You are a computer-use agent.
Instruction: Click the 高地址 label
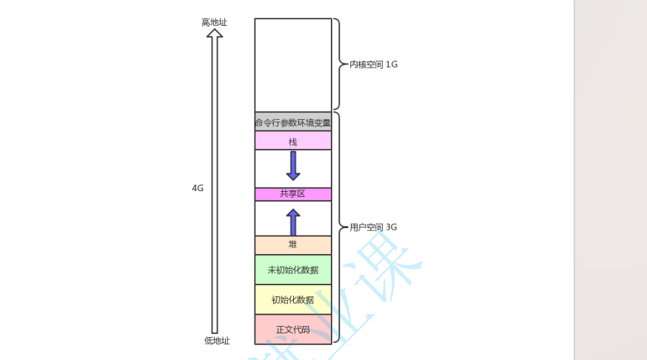click(215, 22)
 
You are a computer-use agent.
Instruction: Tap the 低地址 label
click(217, 341)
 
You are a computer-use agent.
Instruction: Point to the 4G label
click(198, 188)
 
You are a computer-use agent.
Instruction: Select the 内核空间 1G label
click(373, 64)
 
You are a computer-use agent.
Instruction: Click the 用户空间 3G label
click(373, 227)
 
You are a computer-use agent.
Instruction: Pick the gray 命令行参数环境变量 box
click(293, 122)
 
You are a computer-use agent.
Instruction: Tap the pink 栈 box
click(293, 141)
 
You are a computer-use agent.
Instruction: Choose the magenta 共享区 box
click(293, 194)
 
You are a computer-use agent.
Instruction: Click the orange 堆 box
click(293, 244)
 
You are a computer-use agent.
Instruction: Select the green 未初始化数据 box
click(293, 270)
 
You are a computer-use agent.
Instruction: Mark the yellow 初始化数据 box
click(293, 299)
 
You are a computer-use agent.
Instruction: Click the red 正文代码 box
click(293, 329)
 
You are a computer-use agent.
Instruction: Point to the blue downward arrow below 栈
click(293, 166)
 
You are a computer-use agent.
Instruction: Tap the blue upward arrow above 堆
click(293, 222)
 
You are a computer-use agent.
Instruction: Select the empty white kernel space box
click(293, 64)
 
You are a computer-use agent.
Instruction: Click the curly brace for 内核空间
click(338, 64)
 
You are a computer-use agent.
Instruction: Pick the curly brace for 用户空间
click(338, 227)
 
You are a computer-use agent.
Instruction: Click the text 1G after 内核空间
click(392, 64)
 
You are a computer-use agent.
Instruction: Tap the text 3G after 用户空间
click(392, 227)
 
